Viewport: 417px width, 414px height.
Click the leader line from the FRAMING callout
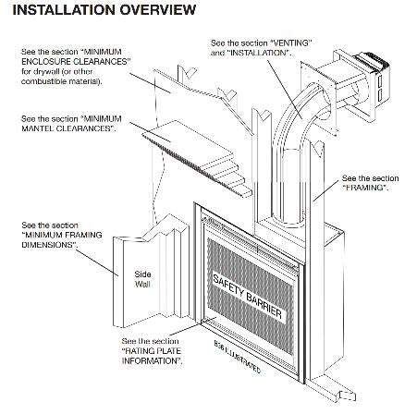coord(328,189)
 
